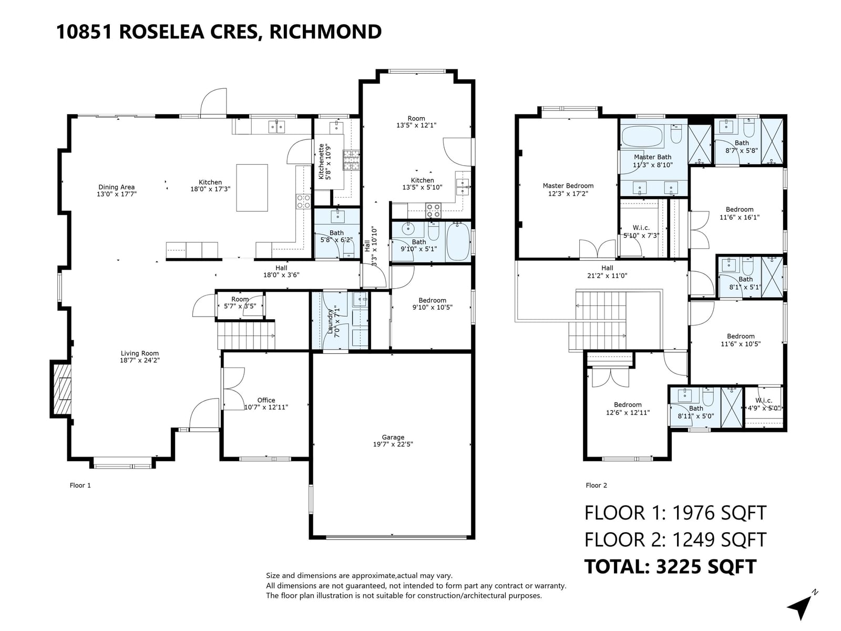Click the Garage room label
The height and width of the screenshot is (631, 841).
point(393,441)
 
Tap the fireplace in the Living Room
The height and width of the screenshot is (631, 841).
point(61,389)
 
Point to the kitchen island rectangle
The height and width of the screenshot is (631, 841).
point(252,188)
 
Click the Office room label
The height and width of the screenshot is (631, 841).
point(266,403)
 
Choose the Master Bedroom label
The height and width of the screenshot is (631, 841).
point(568,190)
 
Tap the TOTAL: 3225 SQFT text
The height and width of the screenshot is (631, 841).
point(670,567)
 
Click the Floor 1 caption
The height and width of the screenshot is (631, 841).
point(80,485)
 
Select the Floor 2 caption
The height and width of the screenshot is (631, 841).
point(596,485)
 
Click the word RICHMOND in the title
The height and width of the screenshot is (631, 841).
point(325,32)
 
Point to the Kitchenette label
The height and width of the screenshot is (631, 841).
point(324,161)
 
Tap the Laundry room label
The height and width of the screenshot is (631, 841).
point(333,321)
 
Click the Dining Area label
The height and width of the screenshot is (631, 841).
point(117,190)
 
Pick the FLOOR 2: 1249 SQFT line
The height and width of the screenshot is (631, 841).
point(675,540)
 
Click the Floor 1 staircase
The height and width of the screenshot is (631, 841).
point(247,335)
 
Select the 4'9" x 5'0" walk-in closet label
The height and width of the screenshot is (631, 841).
point(764,404)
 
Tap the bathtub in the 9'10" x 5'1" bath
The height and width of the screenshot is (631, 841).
point(458,242)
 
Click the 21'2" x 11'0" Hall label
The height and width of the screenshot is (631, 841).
point(607,272)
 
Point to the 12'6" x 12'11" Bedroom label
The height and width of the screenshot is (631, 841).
point(628,409)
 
